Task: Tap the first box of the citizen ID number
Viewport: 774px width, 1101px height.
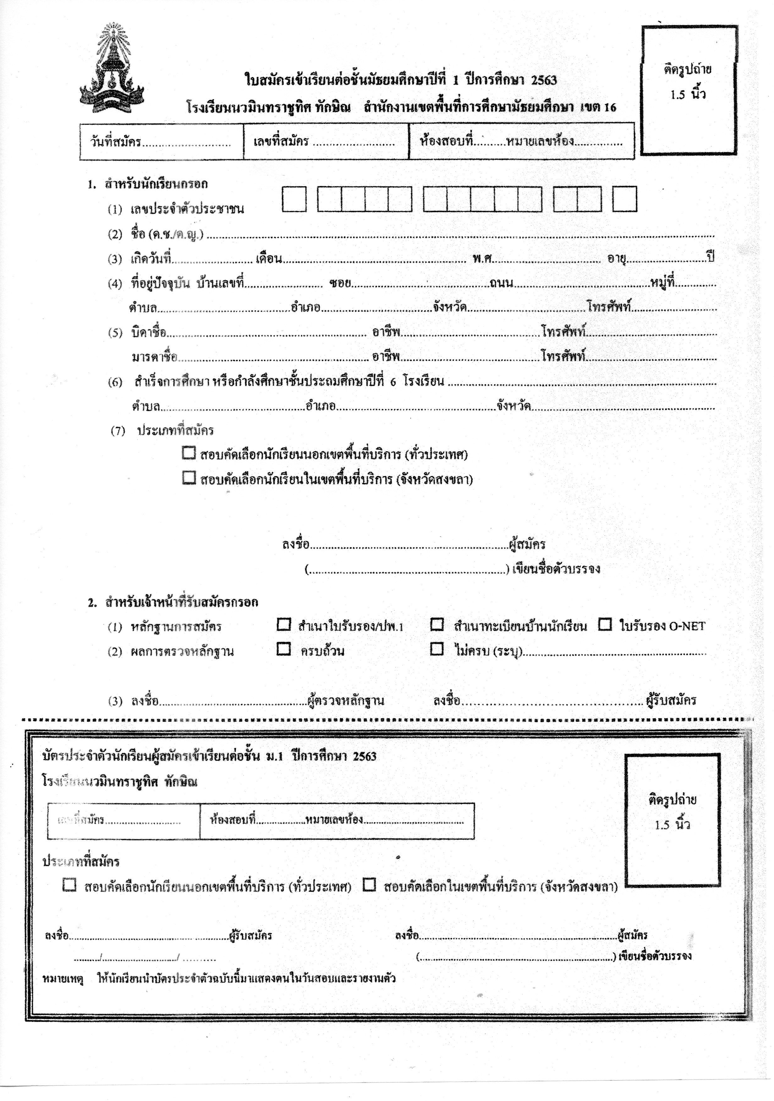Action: [x=294, y=199]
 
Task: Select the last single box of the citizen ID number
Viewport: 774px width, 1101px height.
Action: [x=624, y=199]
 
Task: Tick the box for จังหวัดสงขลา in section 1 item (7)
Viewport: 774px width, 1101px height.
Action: [x=189, y=478]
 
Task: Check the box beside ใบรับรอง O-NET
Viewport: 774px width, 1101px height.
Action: [x=605, y=624]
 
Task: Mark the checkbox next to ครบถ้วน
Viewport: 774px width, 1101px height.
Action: [x=284, y=649]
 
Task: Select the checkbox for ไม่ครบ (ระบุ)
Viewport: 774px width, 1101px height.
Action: [x=437, y=649]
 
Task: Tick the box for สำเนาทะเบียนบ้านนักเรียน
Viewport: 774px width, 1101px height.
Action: [x=437, y=624]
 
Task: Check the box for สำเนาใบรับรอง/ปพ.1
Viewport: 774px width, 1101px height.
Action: [x=284, y=624]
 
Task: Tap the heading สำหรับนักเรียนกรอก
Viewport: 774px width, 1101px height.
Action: [x=156, y=184]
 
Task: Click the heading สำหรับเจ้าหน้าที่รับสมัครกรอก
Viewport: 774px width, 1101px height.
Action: [x=181, y=602]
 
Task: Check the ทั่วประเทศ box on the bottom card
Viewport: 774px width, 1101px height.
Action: [x=69, y=885]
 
